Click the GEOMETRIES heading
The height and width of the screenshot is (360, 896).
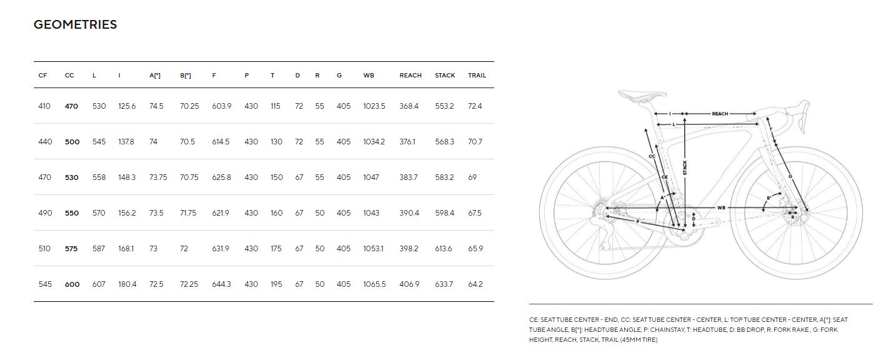point(75,24)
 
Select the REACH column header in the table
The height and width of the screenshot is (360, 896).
point(411,75)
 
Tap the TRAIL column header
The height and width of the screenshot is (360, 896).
point(477,75)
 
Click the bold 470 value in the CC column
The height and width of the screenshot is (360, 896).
point(71,106)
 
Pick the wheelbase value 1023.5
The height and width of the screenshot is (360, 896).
point(374,106)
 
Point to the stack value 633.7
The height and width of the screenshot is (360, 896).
point(444,284)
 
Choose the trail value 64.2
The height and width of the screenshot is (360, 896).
point(475,284)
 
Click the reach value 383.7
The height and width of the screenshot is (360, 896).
point(409,177)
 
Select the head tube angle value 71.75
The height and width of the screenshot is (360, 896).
point(188,212)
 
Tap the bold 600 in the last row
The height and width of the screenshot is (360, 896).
point(72,284)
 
